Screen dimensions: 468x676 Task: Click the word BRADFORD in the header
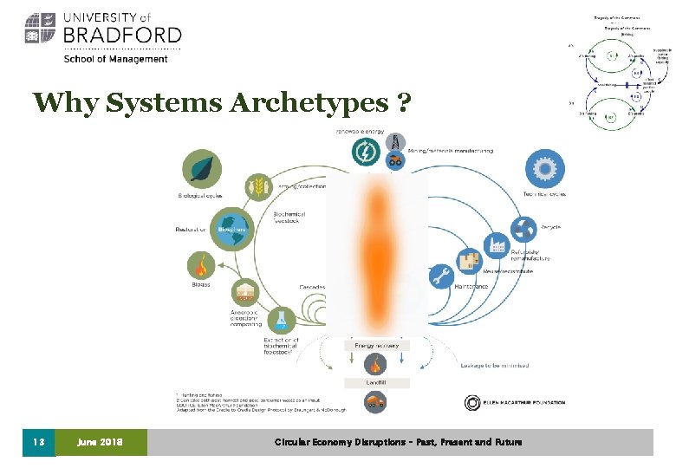click(x=121, y=35)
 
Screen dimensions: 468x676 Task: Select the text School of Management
click(x=115, y=59)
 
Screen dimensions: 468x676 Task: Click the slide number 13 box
click(x=38, y=442)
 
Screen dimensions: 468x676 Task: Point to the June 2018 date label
click(x=101, y=442)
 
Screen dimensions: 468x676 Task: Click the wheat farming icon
click(x=257, y=185)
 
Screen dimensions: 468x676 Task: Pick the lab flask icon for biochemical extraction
click(x=281, y=322)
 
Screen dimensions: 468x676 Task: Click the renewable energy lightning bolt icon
click(x=366, y=153)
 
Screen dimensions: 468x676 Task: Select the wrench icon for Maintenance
click(x=441, y=277)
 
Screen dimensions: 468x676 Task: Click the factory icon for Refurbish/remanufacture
click(x=497, y=246)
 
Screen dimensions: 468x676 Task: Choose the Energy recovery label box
click(x=376, y=345)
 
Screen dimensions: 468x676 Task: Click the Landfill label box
click(x=376, y=382)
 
